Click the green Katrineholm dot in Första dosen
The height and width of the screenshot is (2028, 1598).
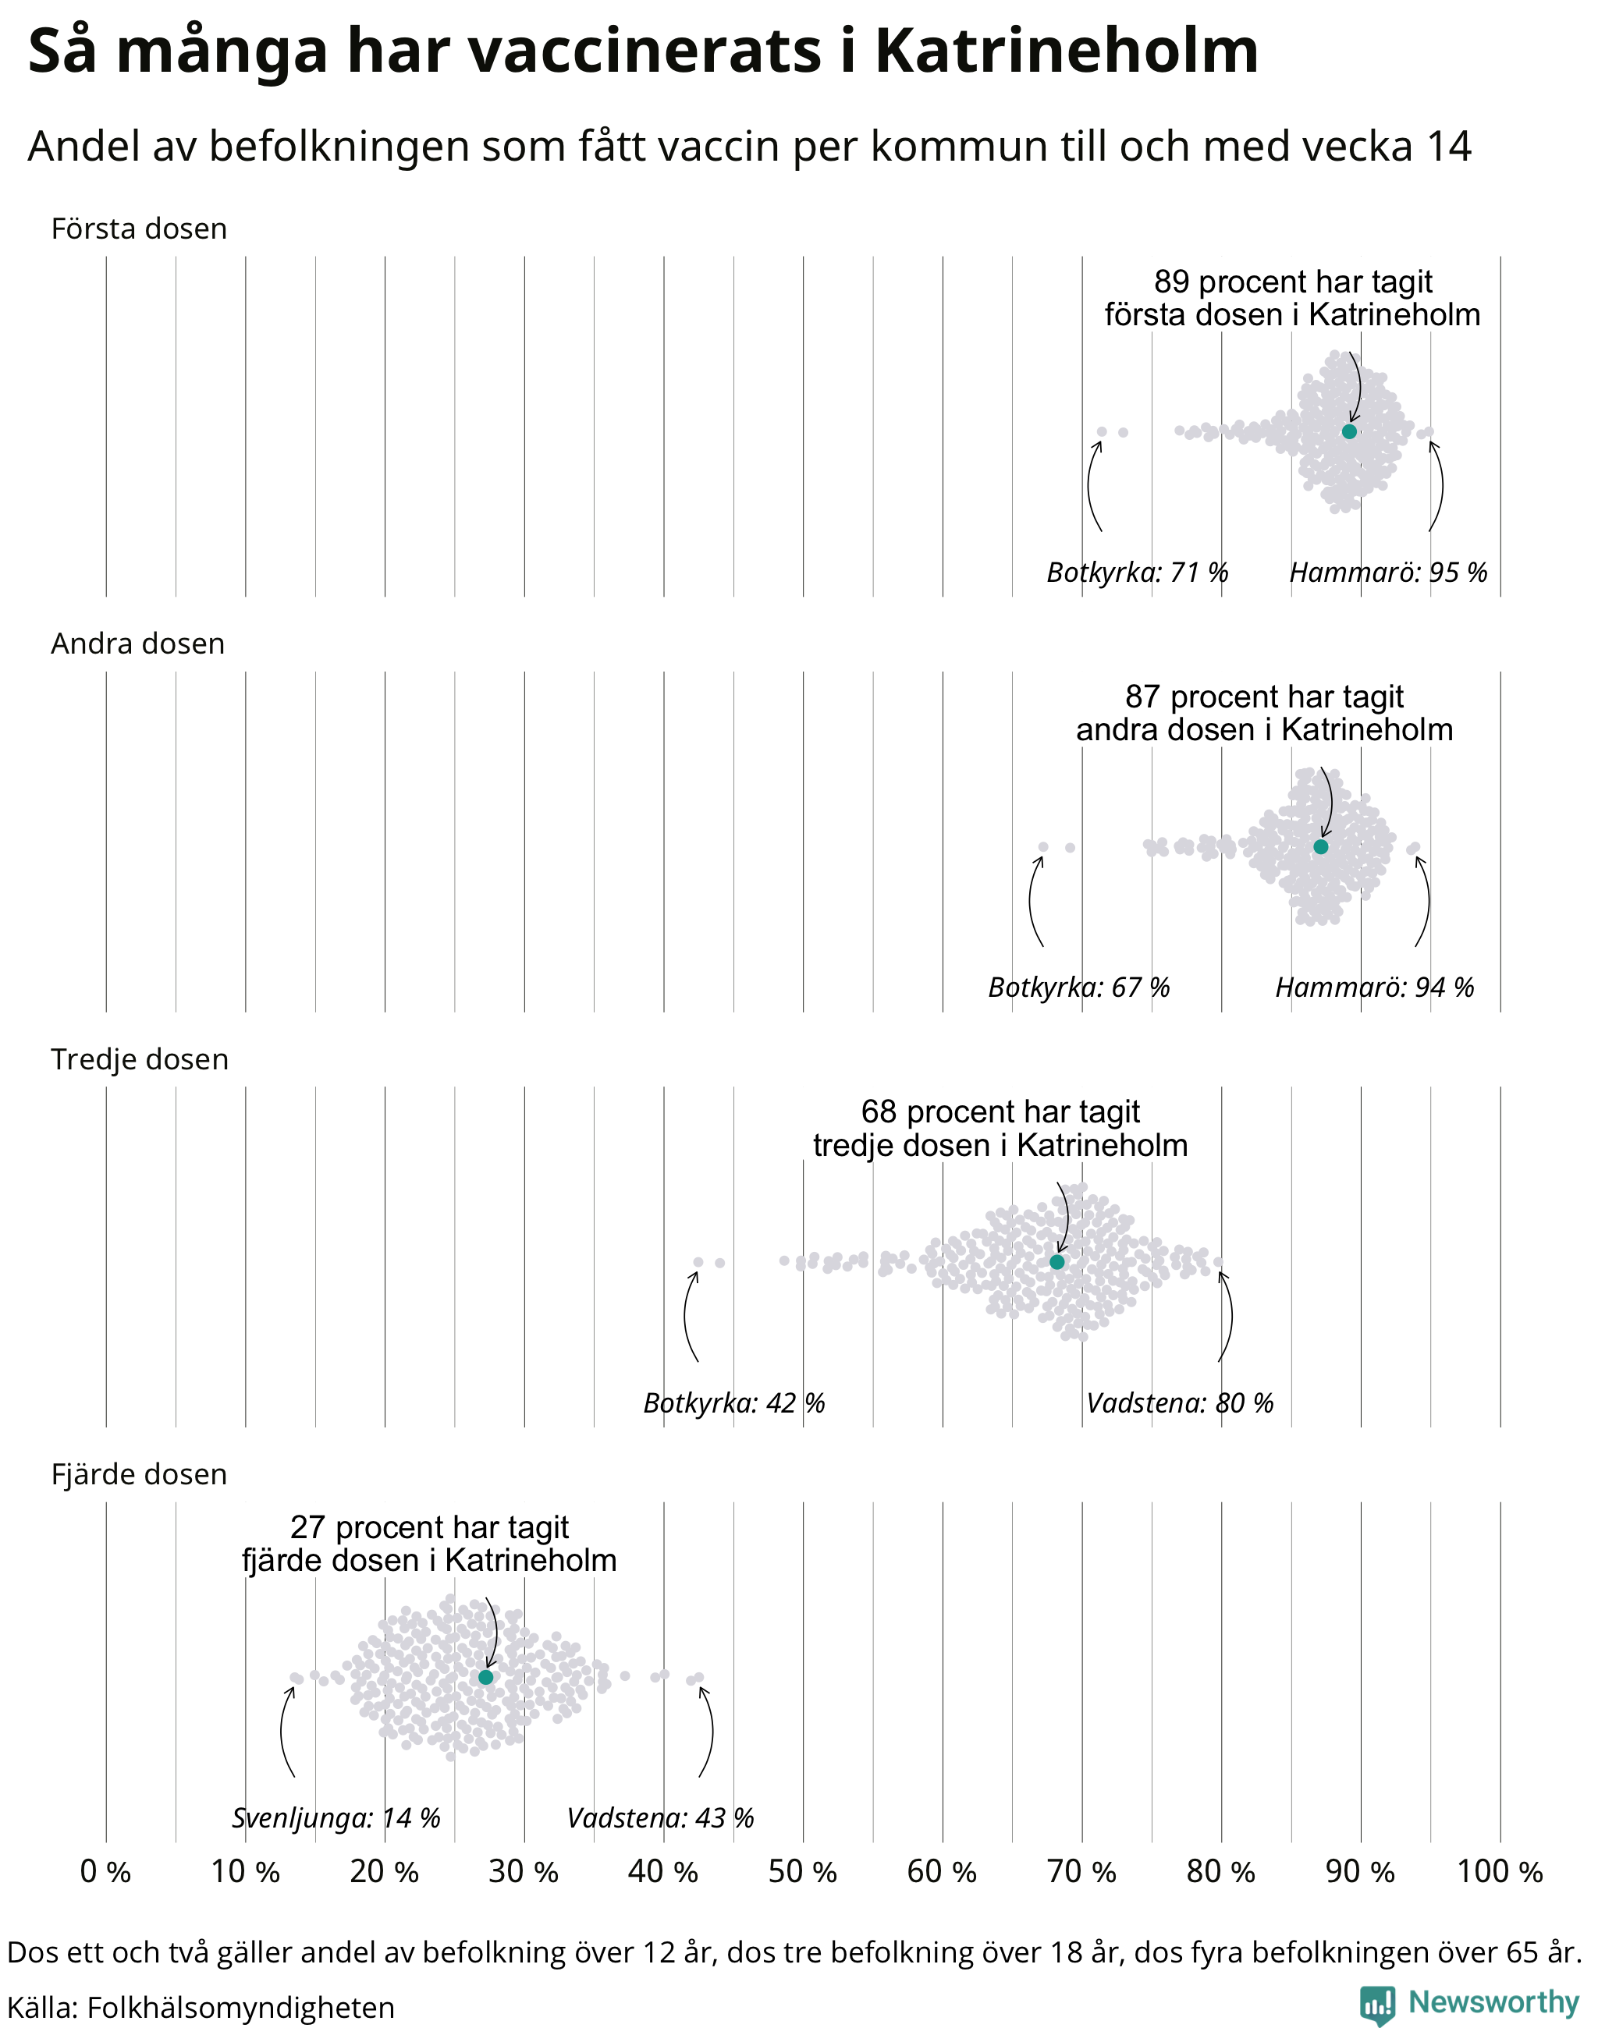click(1348, 431)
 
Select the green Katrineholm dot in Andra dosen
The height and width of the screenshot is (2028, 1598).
click(1320, 846)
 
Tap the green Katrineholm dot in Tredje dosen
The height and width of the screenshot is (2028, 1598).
click(1056, 1262)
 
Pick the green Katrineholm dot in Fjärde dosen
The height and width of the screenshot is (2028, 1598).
click(485, 1677)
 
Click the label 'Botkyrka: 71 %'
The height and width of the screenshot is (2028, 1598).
click(1137, 572)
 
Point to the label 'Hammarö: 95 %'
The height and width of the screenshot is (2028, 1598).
click(1388, 572)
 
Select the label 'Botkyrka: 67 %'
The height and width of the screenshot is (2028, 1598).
click(1079, 987)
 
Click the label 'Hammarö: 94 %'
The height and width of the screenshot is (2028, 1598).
click(1374, 987)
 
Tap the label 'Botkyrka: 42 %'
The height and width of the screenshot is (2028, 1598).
click(733, 1402)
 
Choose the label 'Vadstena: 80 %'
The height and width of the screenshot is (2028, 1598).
click(1180, 1402)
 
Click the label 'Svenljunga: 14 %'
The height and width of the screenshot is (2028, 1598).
click(336, 1817)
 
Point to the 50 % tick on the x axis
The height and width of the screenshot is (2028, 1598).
click(803, 1871)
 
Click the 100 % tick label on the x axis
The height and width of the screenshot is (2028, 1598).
click(1500, 1871)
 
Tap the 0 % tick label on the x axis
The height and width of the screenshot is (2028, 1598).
click(105, 1871)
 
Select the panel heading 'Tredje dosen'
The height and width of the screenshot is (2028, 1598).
click(140, 1059)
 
